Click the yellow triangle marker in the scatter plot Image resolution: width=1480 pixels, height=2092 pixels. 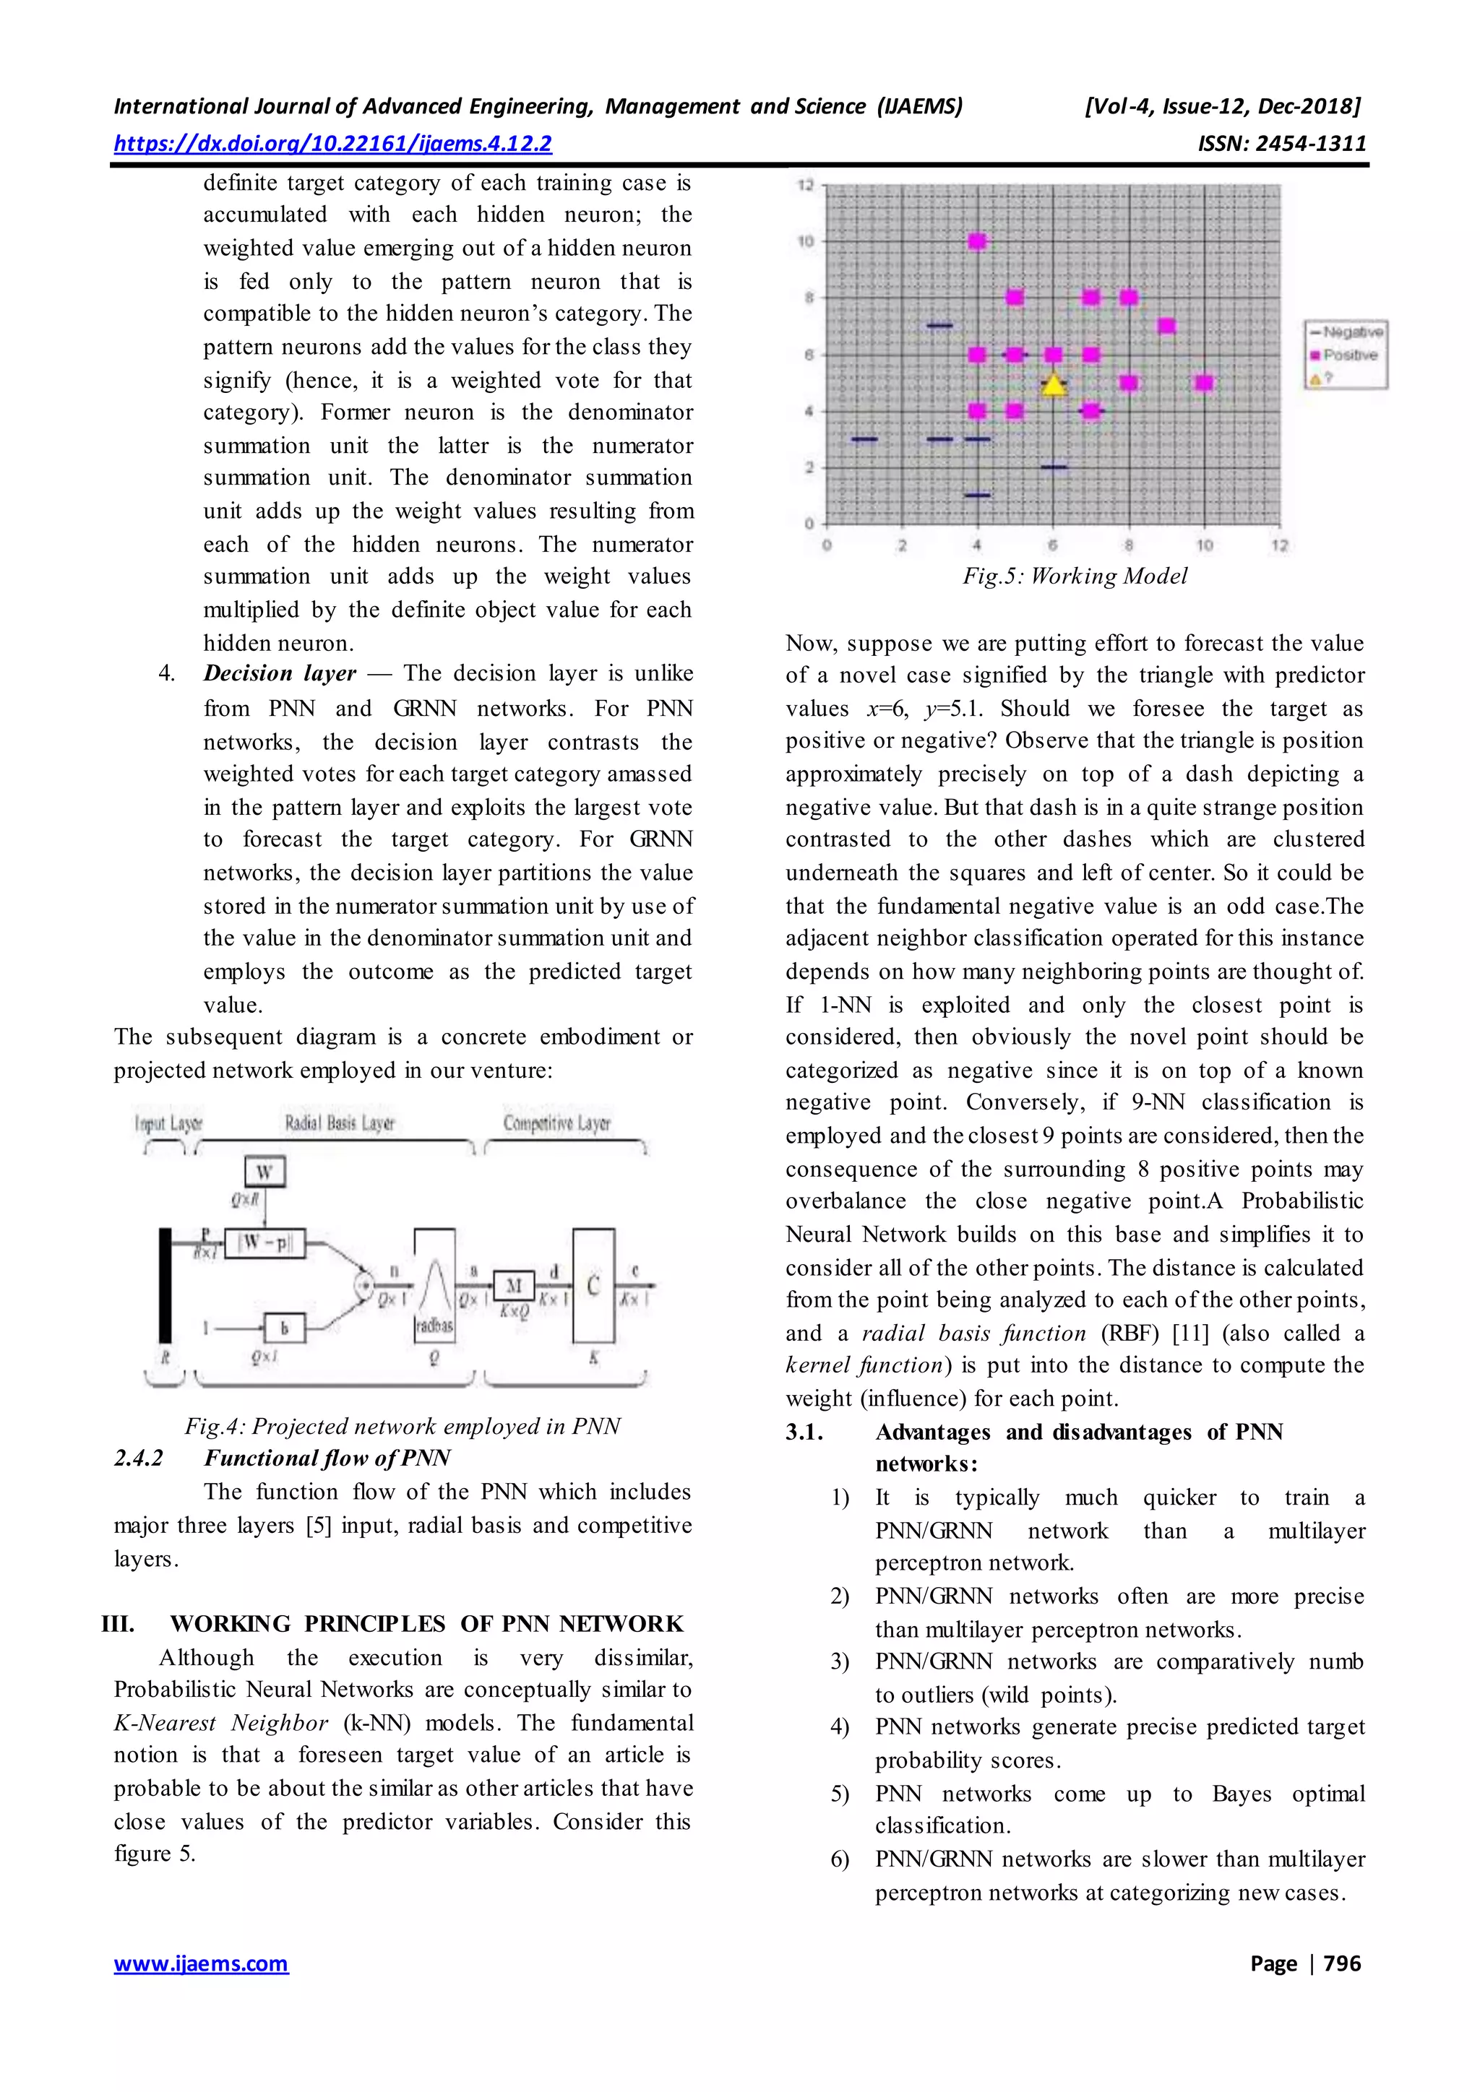[1054, 386]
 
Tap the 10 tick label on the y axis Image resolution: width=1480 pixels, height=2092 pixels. [806, 241]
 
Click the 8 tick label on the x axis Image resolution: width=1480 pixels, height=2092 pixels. [1128, 545]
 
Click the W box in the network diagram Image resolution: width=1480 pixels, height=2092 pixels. [264, 1172]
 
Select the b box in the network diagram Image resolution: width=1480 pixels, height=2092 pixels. [283, 1328]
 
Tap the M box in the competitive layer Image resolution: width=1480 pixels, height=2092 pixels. [514, 1286]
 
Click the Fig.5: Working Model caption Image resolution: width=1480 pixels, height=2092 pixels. [1075, 576]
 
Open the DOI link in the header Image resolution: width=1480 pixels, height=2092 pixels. [332, 143]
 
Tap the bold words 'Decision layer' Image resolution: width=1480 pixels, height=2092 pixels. [280, 673]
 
